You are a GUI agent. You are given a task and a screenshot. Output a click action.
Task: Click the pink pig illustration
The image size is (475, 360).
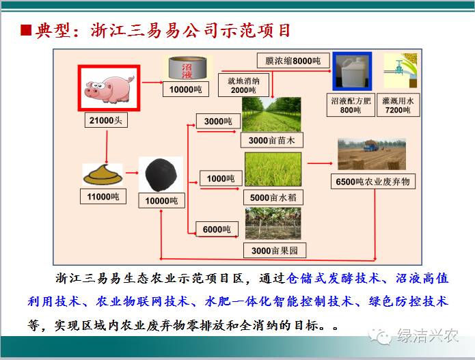coord(109,89)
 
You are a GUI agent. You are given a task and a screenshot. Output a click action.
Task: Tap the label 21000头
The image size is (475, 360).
coord(106,120)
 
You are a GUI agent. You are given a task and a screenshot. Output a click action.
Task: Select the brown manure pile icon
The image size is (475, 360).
coord(103,174)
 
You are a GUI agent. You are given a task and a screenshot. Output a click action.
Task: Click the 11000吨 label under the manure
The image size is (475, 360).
coord(103,197)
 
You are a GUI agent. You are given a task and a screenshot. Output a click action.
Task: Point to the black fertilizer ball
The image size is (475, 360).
coord(161,175)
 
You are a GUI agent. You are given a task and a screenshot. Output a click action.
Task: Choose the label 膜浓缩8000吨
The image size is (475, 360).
coord(293,61)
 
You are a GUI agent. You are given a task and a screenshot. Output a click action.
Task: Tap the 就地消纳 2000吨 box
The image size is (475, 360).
coord(243,85)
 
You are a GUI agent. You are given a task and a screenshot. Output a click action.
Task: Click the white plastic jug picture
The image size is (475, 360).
coord(352,72)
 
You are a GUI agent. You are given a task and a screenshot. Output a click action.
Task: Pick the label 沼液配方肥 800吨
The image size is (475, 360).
coord(351,105)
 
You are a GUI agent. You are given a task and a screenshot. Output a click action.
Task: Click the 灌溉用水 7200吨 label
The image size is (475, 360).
coord(398,105)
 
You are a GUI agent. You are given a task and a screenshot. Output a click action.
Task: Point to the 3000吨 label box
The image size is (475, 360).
coord(218,121)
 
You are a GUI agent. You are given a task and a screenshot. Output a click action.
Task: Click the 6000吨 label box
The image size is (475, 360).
coord(217,230)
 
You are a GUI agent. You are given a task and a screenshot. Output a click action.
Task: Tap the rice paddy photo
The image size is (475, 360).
coord(273,169)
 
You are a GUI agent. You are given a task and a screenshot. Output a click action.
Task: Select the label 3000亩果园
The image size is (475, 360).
coord(275,251)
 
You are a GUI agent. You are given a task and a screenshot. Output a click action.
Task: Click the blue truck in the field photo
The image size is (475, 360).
coord(370,146)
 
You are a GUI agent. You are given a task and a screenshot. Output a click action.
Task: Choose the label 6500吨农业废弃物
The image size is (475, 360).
coord(373,181)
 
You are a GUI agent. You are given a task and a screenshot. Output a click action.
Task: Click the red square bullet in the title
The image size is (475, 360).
coord(26,30)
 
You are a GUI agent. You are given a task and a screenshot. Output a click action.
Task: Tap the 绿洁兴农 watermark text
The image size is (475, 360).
coord(427,335)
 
